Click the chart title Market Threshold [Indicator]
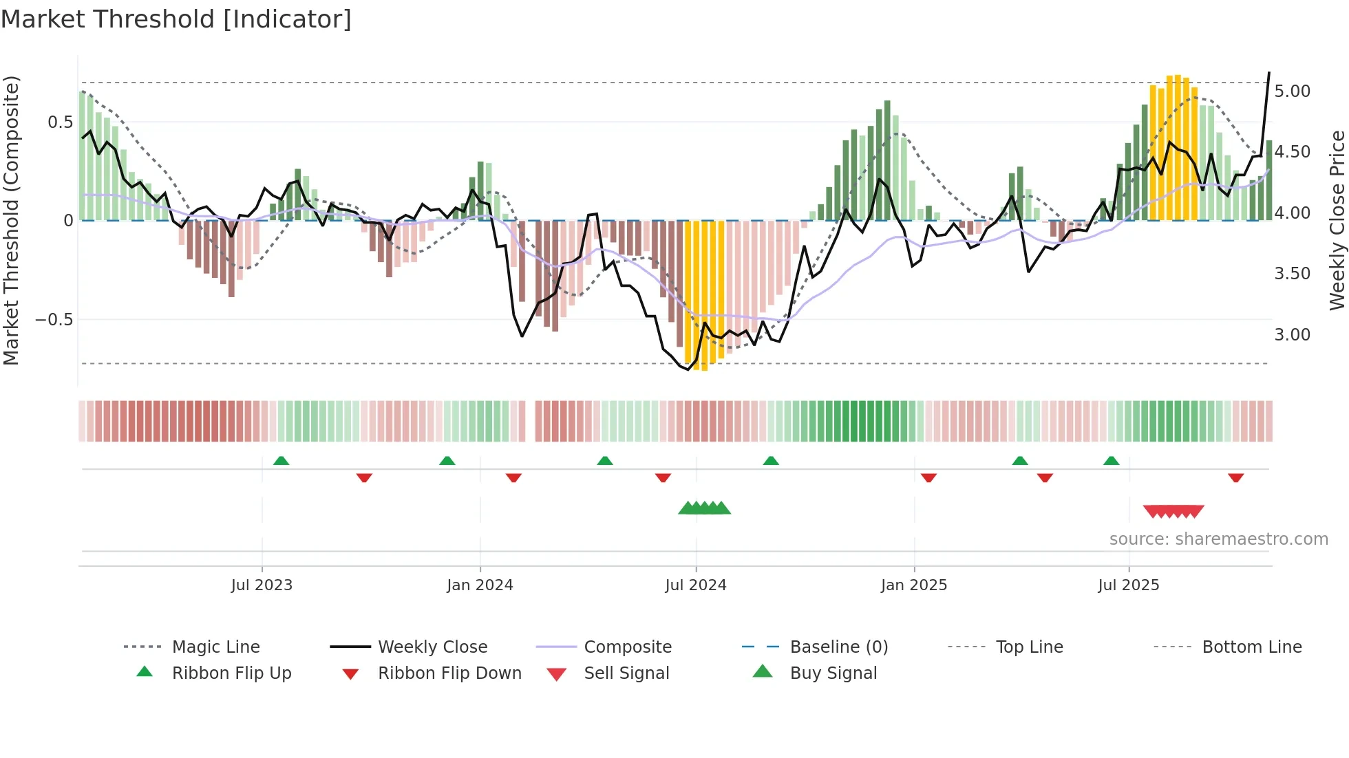pyautogui.click(x=176, y=19)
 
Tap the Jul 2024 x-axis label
pyautogui.click(x=695, y=585)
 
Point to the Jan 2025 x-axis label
pyautogui.click(x=913, y=585)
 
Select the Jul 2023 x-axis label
pyautogui.click(x=262, y=585)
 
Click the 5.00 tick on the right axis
pyautogui.click(x=1292, y=91)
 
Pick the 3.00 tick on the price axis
pyautogui.click(x=1292, y=335)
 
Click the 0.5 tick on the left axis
pyautogui.click(x=60, y=122)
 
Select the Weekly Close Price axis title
pyautogui.click(x=1337, y=220)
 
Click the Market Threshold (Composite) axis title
pyautogui.click(x=12, y=220)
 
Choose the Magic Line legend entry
pyautogui.click(x=215, y=647)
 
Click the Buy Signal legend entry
pyautogui.click(x=833, y=673)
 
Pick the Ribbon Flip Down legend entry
pyautogui.click(x=449, y=673)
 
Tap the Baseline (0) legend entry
pyautogui.click(x=838, y=647)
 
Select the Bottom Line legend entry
pyautogui.click(x=1251, y=647)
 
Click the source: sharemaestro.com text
pyautogui.click(x=1218, y=539)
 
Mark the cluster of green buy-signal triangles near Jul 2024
pyautogui.click(x=704, y=508)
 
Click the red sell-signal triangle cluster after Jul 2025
pyautogui.click(x=1173, y=511)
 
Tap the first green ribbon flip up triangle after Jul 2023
pyautogui.click(x=281, y=461)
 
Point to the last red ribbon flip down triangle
pyautogui.click(x=1235, y=477)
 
